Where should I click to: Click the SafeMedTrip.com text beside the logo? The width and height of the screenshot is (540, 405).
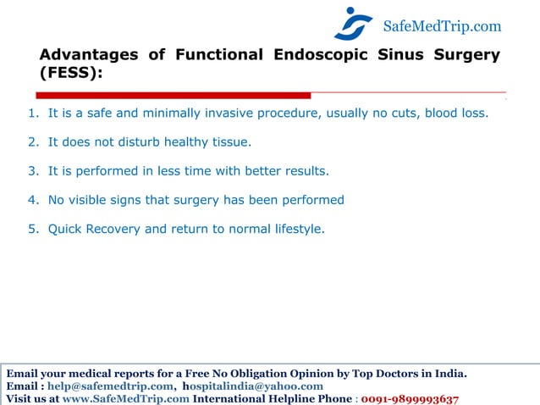click(x=442, y=26)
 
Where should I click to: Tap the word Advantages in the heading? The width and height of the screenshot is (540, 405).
click(x=89, y=55)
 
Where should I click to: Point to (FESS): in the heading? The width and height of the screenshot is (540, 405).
click(x=71, y=74)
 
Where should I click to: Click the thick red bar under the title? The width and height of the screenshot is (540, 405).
click(x=174, y=95)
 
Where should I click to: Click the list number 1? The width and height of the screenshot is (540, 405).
click(x=31, y=113)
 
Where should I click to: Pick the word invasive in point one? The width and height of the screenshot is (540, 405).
click(x=251, y=113)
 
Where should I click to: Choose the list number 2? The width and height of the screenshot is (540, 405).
click(x=31, y=141)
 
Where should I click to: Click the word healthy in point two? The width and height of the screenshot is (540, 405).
click(x=171, y=141)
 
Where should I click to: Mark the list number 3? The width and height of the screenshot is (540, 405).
click(x=31, y=171)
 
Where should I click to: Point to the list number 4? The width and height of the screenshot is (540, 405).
click(x=31, y=200)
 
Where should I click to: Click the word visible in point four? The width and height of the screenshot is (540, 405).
click(x=89, y=200)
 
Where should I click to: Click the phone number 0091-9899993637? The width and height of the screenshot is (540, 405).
click(x=410, y=399)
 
